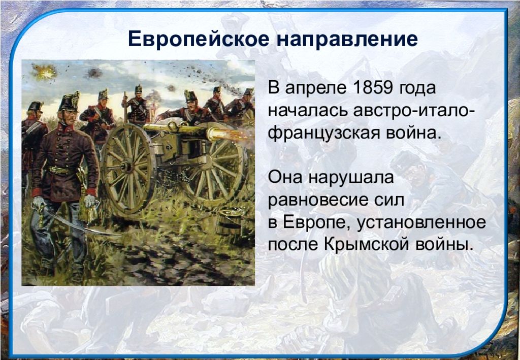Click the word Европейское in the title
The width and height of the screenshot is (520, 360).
pos(199,39)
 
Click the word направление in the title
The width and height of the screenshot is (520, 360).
pos(347,40)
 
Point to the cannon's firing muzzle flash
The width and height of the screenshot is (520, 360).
pos(232,134)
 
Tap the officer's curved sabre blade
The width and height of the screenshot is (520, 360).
pos(83,225)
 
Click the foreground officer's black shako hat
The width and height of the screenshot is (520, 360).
pos(69,102)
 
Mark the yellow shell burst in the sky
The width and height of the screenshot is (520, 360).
pos(45,72)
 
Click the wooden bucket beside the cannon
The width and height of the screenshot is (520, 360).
pos(229,222)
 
